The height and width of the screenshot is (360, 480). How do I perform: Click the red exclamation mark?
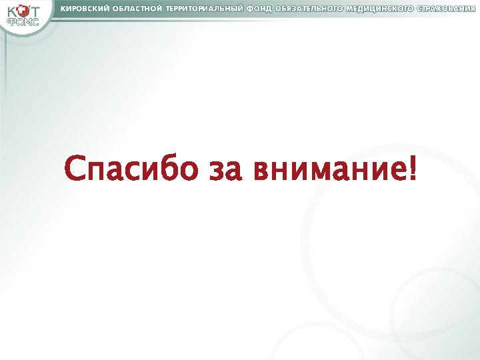coord(415,168)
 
